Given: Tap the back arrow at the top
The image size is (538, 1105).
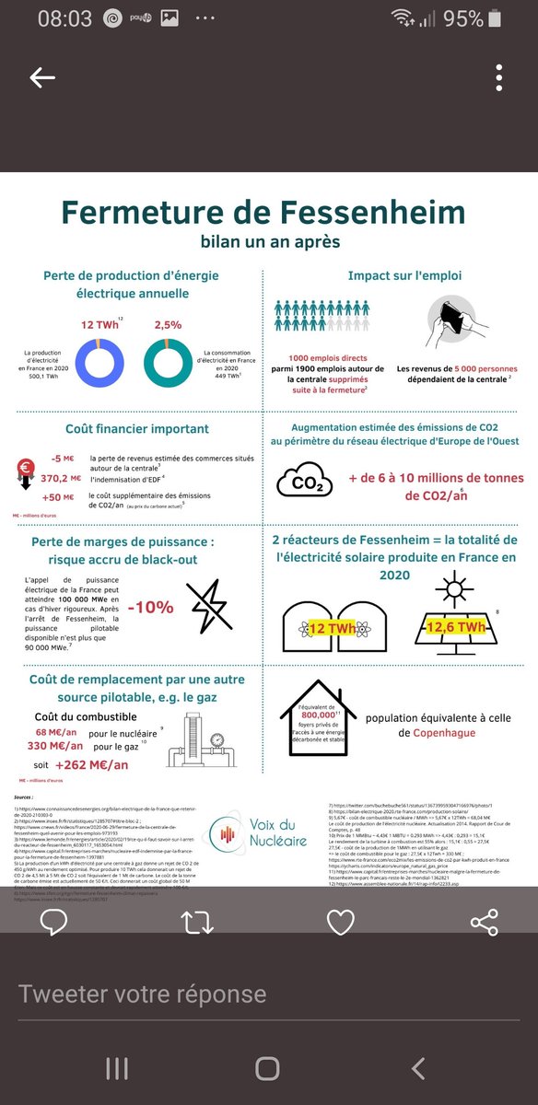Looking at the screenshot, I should coord(42,78).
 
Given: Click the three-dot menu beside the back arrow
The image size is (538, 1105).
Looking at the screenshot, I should coord(497,78).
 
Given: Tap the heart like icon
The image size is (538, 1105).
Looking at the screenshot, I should coord(341,923).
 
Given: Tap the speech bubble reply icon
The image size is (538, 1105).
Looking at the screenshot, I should coord(54,923).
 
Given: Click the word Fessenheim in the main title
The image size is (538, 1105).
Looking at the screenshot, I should coord(363,213).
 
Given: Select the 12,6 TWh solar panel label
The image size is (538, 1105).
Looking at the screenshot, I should coord(455,627).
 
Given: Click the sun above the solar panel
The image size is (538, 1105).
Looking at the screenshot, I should coord(453,586).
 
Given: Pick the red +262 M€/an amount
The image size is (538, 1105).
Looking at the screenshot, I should coord(91,764).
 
